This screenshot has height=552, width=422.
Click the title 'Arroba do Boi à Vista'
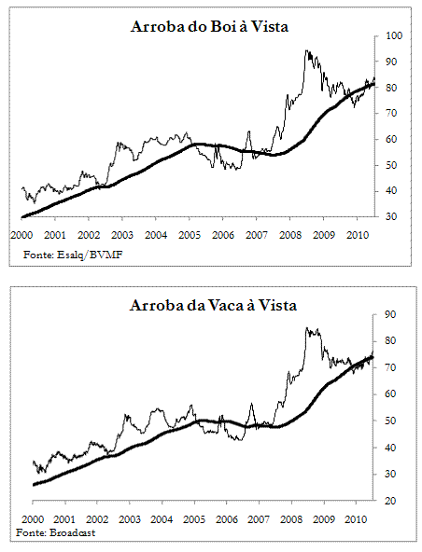[x=209, y=27]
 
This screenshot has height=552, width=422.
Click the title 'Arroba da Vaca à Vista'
[x=213, y=305]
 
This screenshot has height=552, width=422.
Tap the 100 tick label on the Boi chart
[x=394, y=35]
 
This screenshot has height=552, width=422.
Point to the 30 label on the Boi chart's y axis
[x=391, y=216]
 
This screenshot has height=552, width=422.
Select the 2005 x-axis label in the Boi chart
[x=190, y=235]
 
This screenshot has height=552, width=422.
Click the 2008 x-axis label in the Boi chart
[x=290, y=235]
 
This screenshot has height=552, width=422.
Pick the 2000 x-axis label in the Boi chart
[x=21, y=235]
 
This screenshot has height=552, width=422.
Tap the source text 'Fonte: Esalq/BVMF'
[x=73, y=255]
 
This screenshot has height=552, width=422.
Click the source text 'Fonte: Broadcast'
[x=55, y=532]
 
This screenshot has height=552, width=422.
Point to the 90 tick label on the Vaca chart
[x=390, y=314]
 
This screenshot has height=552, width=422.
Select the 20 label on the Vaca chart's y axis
[x=390, y=501]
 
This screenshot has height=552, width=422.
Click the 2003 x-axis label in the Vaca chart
[x=130, y=519]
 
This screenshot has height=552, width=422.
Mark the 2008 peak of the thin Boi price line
[x=307, y=50]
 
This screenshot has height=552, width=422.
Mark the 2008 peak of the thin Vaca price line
[x=307, y=328]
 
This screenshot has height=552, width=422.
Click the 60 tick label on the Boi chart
[x=391, y=139]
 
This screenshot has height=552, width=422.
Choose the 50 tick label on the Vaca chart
[x=390, y=421]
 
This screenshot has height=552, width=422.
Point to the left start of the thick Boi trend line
[x=22, y=217]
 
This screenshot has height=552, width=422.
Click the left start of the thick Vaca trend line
[x=34, y=485]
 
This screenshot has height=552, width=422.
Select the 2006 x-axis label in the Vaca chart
[x=226, y=519]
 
